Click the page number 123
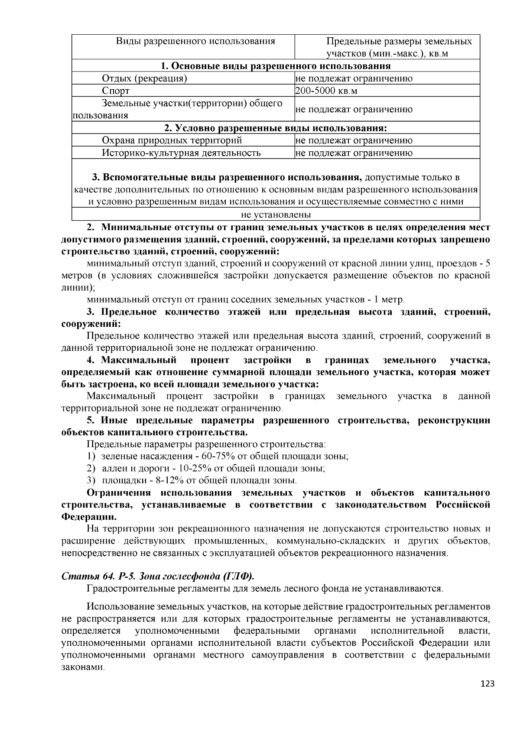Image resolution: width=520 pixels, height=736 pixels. (x=487, y=684)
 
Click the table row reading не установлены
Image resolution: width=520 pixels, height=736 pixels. (x=276, y=215)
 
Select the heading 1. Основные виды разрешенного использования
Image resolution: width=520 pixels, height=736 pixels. (x=276, y=66)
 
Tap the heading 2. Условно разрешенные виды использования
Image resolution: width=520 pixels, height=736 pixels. (x=276, y=128)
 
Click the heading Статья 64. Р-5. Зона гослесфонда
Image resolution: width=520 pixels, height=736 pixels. (x=158, y=576)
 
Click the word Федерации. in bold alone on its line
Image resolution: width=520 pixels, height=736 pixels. (x=89, y=517)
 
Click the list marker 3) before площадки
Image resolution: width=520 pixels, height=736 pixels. (x=91, y=480)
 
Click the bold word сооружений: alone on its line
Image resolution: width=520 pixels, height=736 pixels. (x=91, y=324)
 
